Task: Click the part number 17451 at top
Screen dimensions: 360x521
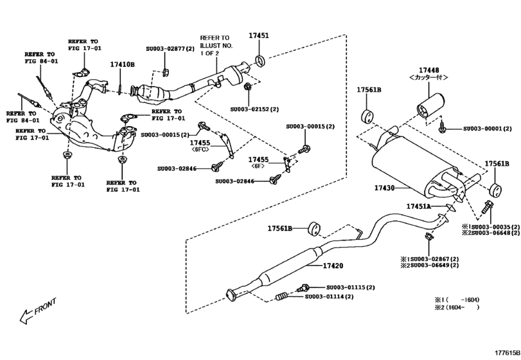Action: pyautogui.click(x=259, y=36)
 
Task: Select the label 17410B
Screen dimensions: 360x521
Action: pyautogui.click(x=122, y=65)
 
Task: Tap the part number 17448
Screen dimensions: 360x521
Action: pyautogui.click(x=429, y=69)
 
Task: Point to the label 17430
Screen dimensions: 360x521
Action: pyautogui.click(x=387, y=189)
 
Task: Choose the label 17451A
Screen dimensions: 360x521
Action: pyautogui.click(x=420, y=206)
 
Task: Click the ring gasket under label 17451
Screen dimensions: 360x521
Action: pyautogui.click(x=260, y=62)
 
